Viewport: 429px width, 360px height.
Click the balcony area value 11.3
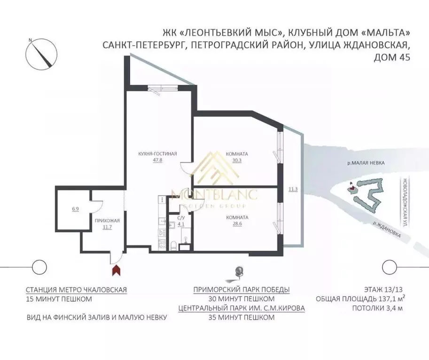tap(293, 189)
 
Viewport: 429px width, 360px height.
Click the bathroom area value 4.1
tap(180, 224)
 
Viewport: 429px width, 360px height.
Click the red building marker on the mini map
tap(350, 189)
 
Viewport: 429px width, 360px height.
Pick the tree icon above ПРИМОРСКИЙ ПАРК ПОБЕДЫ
tap(240, 272)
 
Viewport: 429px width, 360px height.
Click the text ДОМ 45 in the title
tap(391, 58)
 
